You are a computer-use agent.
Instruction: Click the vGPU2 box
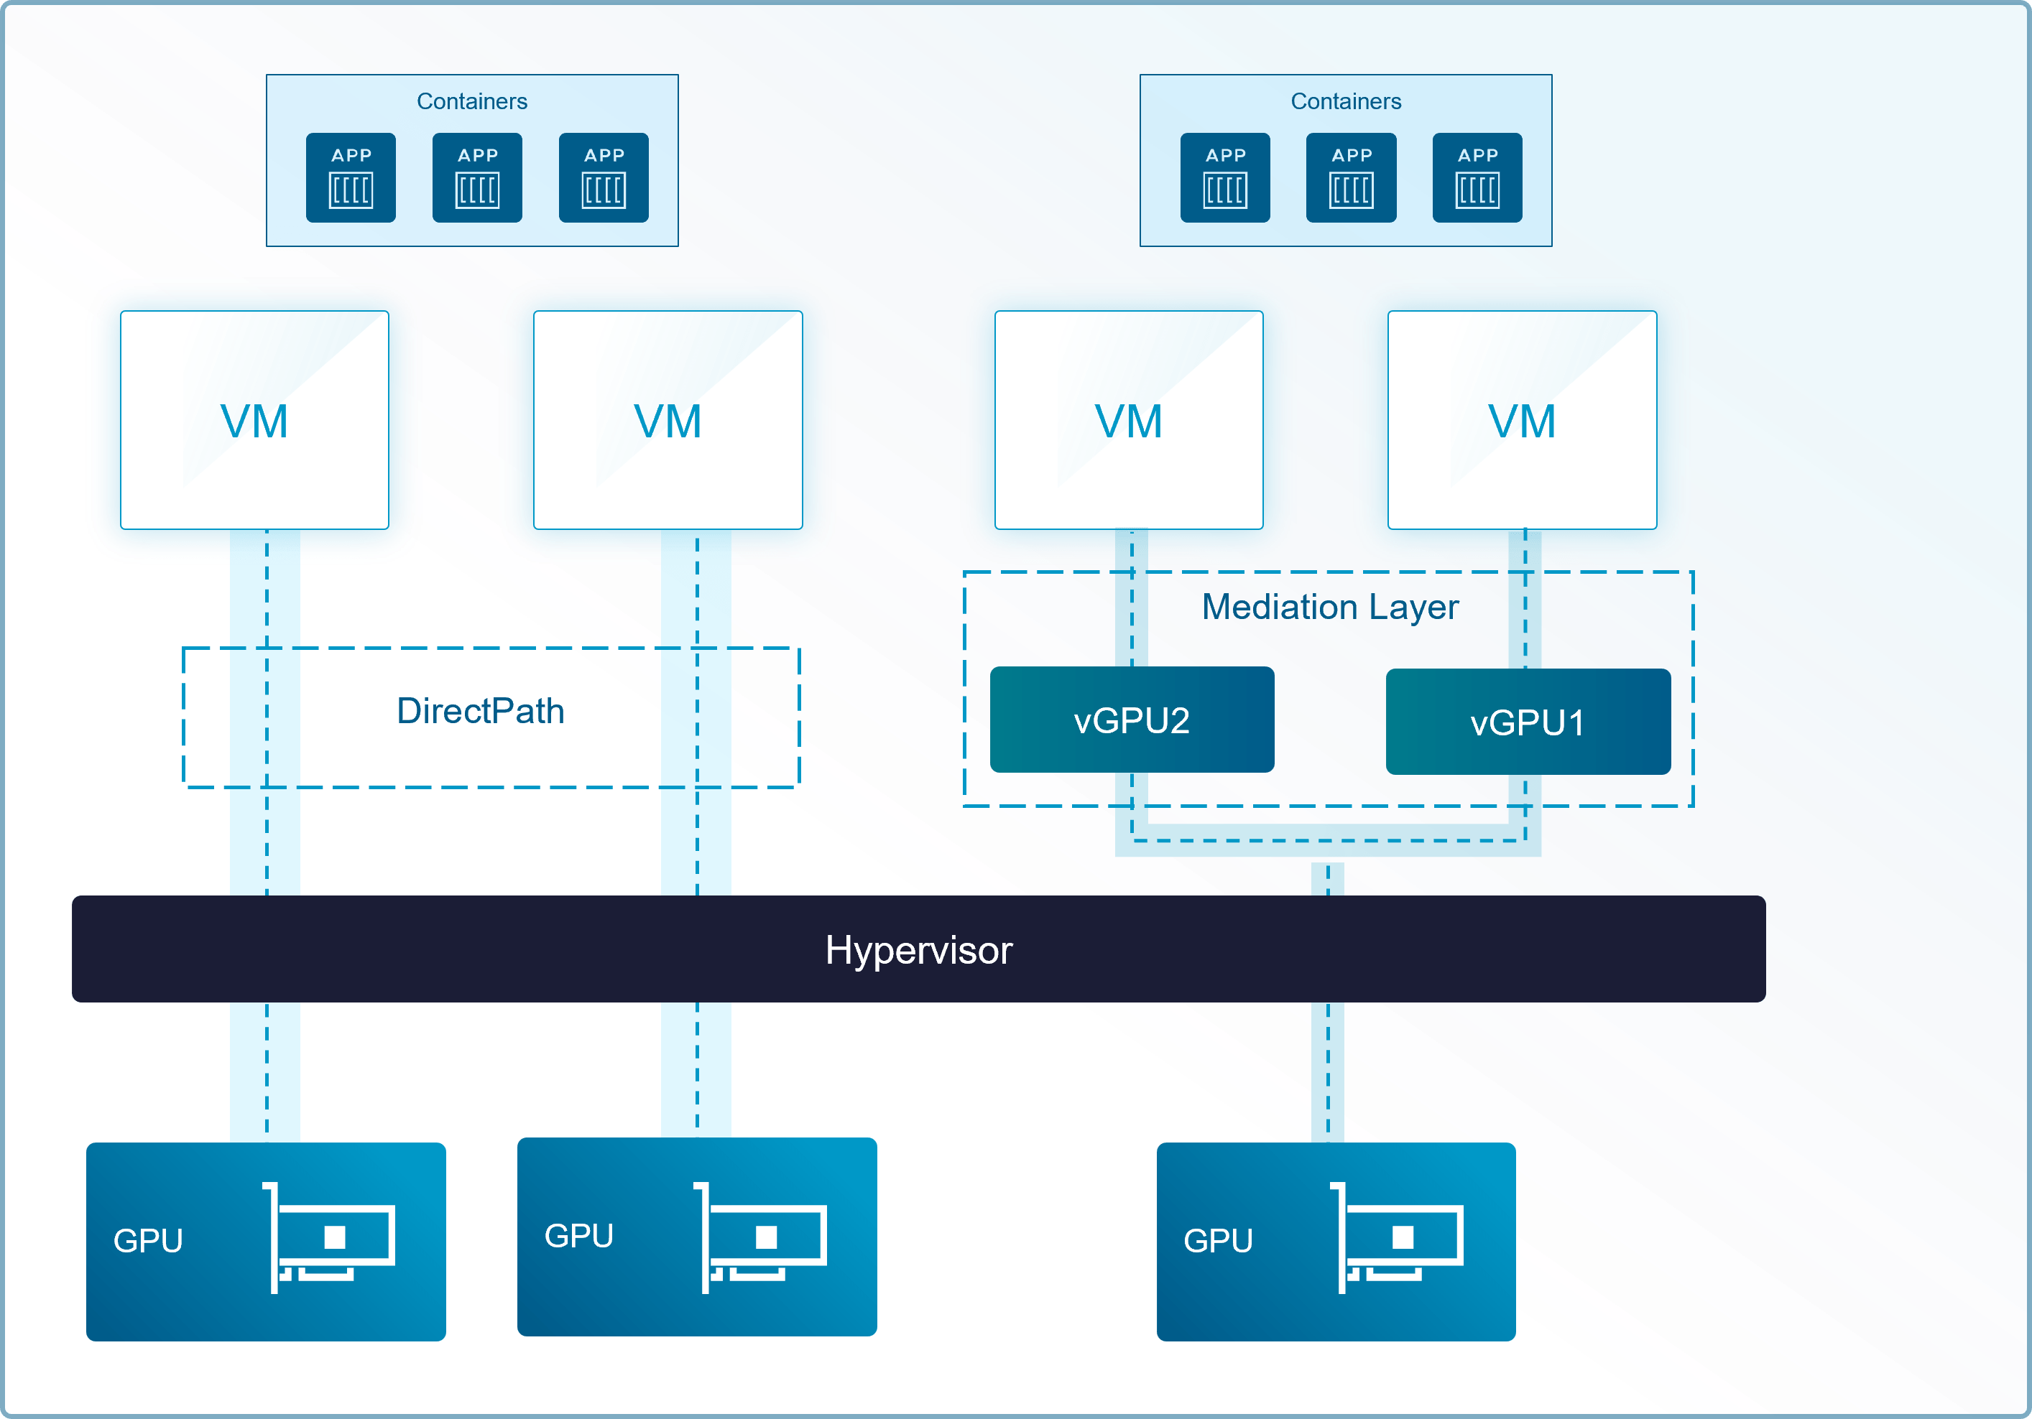point(1132,720)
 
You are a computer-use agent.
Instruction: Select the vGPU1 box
point(1528,721)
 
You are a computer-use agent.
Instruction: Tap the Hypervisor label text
point(919,950)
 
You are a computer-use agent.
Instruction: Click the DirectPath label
point(481,710)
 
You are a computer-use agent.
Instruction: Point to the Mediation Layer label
point(1330,608)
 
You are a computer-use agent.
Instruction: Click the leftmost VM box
point(255,420)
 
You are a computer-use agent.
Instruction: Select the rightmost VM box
point(1523,420)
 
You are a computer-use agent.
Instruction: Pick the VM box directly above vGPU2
point(1128,420)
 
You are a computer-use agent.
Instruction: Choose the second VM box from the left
point(668,420)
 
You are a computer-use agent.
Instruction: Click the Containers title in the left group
point(471,102)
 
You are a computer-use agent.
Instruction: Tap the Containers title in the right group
point(1346,102)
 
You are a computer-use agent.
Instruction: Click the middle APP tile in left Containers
point(477,178)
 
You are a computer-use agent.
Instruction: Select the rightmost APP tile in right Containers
point(1477,178)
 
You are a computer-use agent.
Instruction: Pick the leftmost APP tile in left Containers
point(351,178)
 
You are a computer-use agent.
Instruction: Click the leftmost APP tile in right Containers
point(1225,178)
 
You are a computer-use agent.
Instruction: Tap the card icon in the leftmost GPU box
point(328,1237)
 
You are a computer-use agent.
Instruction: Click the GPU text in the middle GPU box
point(579,1236)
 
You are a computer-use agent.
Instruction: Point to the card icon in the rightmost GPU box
point(1397,1237)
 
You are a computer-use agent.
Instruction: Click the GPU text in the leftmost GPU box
point(148,1241)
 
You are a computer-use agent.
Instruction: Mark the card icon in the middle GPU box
point(760,1237)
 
